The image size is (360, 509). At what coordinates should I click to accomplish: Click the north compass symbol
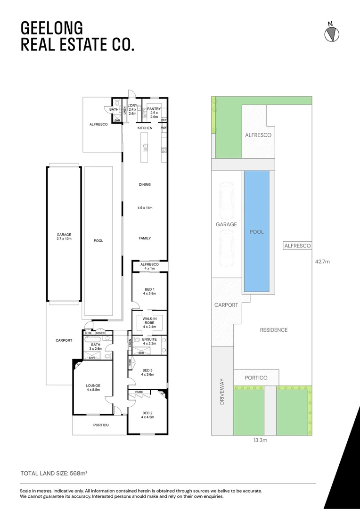pos(332,33)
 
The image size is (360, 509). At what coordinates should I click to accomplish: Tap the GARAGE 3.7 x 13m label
pos(64,237)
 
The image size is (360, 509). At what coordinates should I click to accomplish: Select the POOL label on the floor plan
pos(98,241)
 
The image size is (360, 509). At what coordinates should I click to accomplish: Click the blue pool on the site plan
pos(256,231)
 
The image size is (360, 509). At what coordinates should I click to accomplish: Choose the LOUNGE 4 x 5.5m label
pos(93,388)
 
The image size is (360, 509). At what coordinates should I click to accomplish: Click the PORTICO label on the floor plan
pos(100,425)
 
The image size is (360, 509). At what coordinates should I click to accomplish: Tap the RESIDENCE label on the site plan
pos(273,330)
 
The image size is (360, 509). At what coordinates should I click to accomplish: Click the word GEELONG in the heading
pos(45,27)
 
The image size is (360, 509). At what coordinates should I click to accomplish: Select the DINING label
pos(145,184)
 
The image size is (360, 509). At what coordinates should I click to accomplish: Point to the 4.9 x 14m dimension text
pos(145,208)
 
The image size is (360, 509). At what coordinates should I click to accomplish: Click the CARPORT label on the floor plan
pos(64,340)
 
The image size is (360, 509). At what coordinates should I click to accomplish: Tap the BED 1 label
pos(149,291)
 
